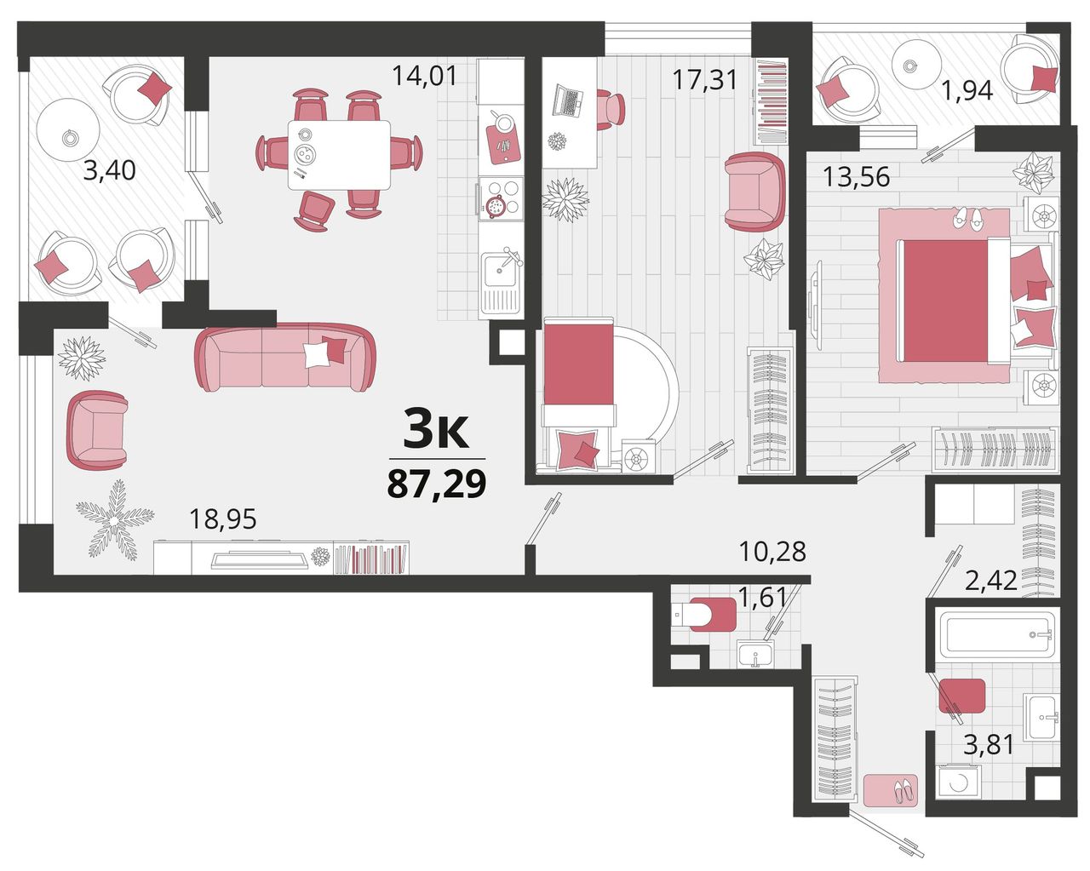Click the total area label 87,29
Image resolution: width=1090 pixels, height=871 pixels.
tap(437, 484)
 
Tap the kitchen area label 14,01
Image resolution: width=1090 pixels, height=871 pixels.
tap(424, 76)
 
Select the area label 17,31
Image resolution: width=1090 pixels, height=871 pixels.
tap(704, 80)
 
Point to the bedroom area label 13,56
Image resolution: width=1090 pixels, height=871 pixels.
tap(856, 177)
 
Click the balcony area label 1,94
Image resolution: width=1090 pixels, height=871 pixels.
tap(967, 91)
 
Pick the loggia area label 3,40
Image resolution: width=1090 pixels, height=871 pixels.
tap(110, 170)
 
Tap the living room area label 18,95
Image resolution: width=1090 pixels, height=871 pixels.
tap(223, 519)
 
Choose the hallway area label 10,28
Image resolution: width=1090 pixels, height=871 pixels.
tap(772, 552)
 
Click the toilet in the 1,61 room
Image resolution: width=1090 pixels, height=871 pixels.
tap(704, 614)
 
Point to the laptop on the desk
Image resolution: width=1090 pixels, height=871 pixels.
tap(568, 101)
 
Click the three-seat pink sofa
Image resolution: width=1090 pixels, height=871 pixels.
tap(285, 357)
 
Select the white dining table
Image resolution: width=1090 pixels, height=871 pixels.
tap(339, 155)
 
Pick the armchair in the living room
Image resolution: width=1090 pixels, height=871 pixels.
tap(97, 430)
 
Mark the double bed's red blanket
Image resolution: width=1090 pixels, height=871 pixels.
tap(944, 301)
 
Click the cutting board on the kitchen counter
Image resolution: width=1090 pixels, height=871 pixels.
tap(503, 144)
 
